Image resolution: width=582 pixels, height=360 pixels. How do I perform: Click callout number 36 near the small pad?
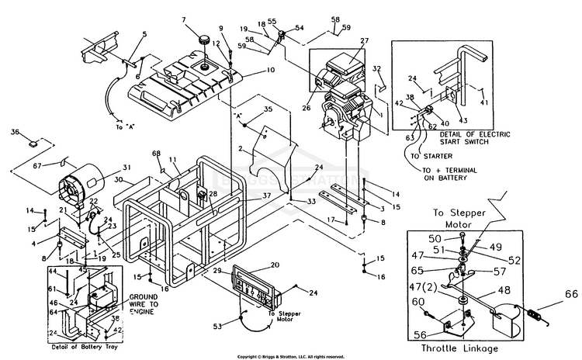[x=14, y=133]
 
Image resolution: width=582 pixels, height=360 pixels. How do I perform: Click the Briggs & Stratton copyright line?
[x=291, y=356]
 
